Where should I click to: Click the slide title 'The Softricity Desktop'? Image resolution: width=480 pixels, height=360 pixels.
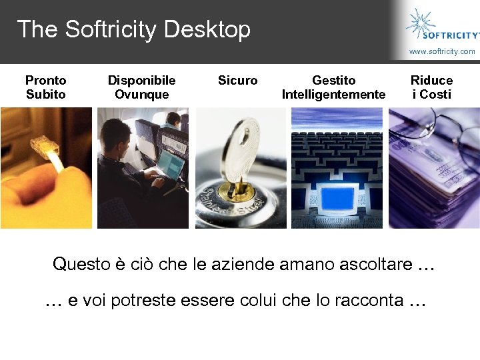coord(133,29)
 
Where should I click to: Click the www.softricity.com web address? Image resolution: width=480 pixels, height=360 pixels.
coord(442,51)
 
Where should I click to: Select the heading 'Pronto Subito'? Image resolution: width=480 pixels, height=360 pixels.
coord(45,87)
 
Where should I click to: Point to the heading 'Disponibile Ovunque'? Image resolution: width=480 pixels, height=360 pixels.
coord(141,87)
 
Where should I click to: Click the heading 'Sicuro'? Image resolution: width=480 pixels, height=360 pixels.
coord(237,81)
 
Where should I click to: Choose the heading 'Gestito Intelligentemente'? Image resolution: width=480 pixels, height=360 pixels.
coord(333,87)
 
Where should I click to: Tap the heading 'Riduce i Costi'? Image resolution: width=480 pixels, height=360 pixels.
coord(431,87)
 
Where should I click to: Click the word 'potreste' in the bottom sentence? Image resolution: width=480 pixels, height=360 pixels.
coord(139,301)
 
